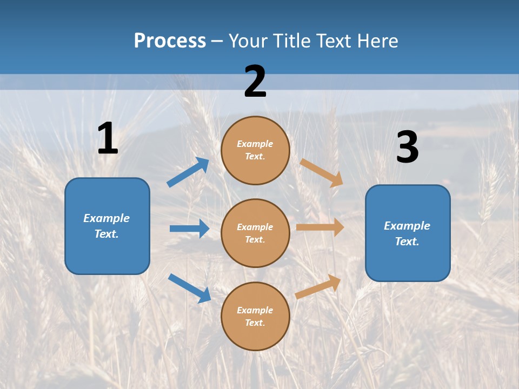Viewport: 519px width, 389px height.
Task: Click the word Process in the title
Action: point(170,41)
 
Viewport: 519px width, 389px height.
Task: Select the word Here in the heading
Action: point(376,41)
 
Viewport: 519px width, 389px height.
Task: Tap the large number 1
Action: point(108,139)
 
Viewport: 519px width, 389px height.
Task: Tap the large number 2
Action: point(255,82)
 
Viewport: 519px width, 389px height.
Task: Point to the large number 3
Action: point(407,147)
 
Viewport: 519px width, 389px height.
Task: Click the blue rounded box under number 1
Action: point(107,226)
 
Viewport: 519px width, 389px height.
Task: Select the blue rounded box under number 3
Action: point(408,233)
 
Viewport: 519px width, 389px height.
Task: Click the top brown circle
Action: point(255,150)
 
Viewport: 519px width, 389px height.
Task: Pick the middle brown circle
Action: point(255,233)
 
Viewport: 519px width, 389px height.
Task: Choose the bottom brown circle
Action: point(255,316)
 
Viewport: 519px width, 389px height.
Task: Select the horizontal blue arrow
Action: point(189,229)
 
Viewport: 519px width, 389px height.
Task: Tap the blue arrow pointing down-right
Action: point(189,288)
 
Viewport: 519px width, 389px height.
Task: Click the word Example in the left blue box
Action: point(107,218)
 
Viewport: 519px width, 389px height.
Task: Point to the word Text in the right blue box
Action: point(406,242)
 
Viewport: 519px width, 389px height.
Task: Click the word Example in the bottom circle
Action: point(255,310)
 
